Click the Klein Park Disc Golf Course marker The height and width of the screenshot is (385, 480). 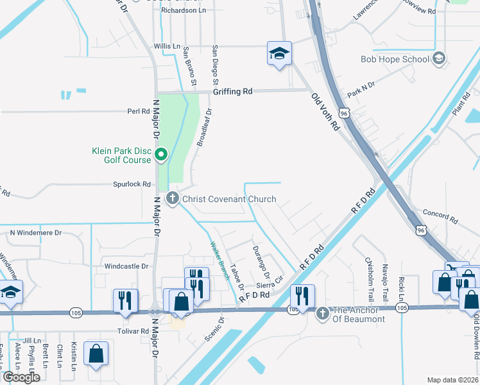pyautogui.click(x=161, y=155)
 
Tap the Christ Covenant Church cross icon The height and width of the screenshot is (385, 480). pyautogui.click(x=172, y=199)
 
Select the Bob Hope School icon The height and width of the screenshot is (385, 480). pyautogui.click(x=439, y=59)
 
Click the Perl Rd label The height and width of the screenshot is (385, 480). pyautogui.click(x=138, y=111)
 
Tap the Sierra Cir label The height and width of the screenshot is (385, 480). pyautogui.click(x=270, y=283)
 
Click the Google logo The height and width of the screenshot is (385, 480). pyautogui.click(x=21, y=377)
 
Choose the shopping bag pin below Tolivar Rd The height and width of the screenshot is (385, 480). pyautogui.click(x=96, y=354)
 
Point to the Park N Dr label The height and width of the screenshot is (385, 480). pyautogui.click(x=361, y=89)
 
